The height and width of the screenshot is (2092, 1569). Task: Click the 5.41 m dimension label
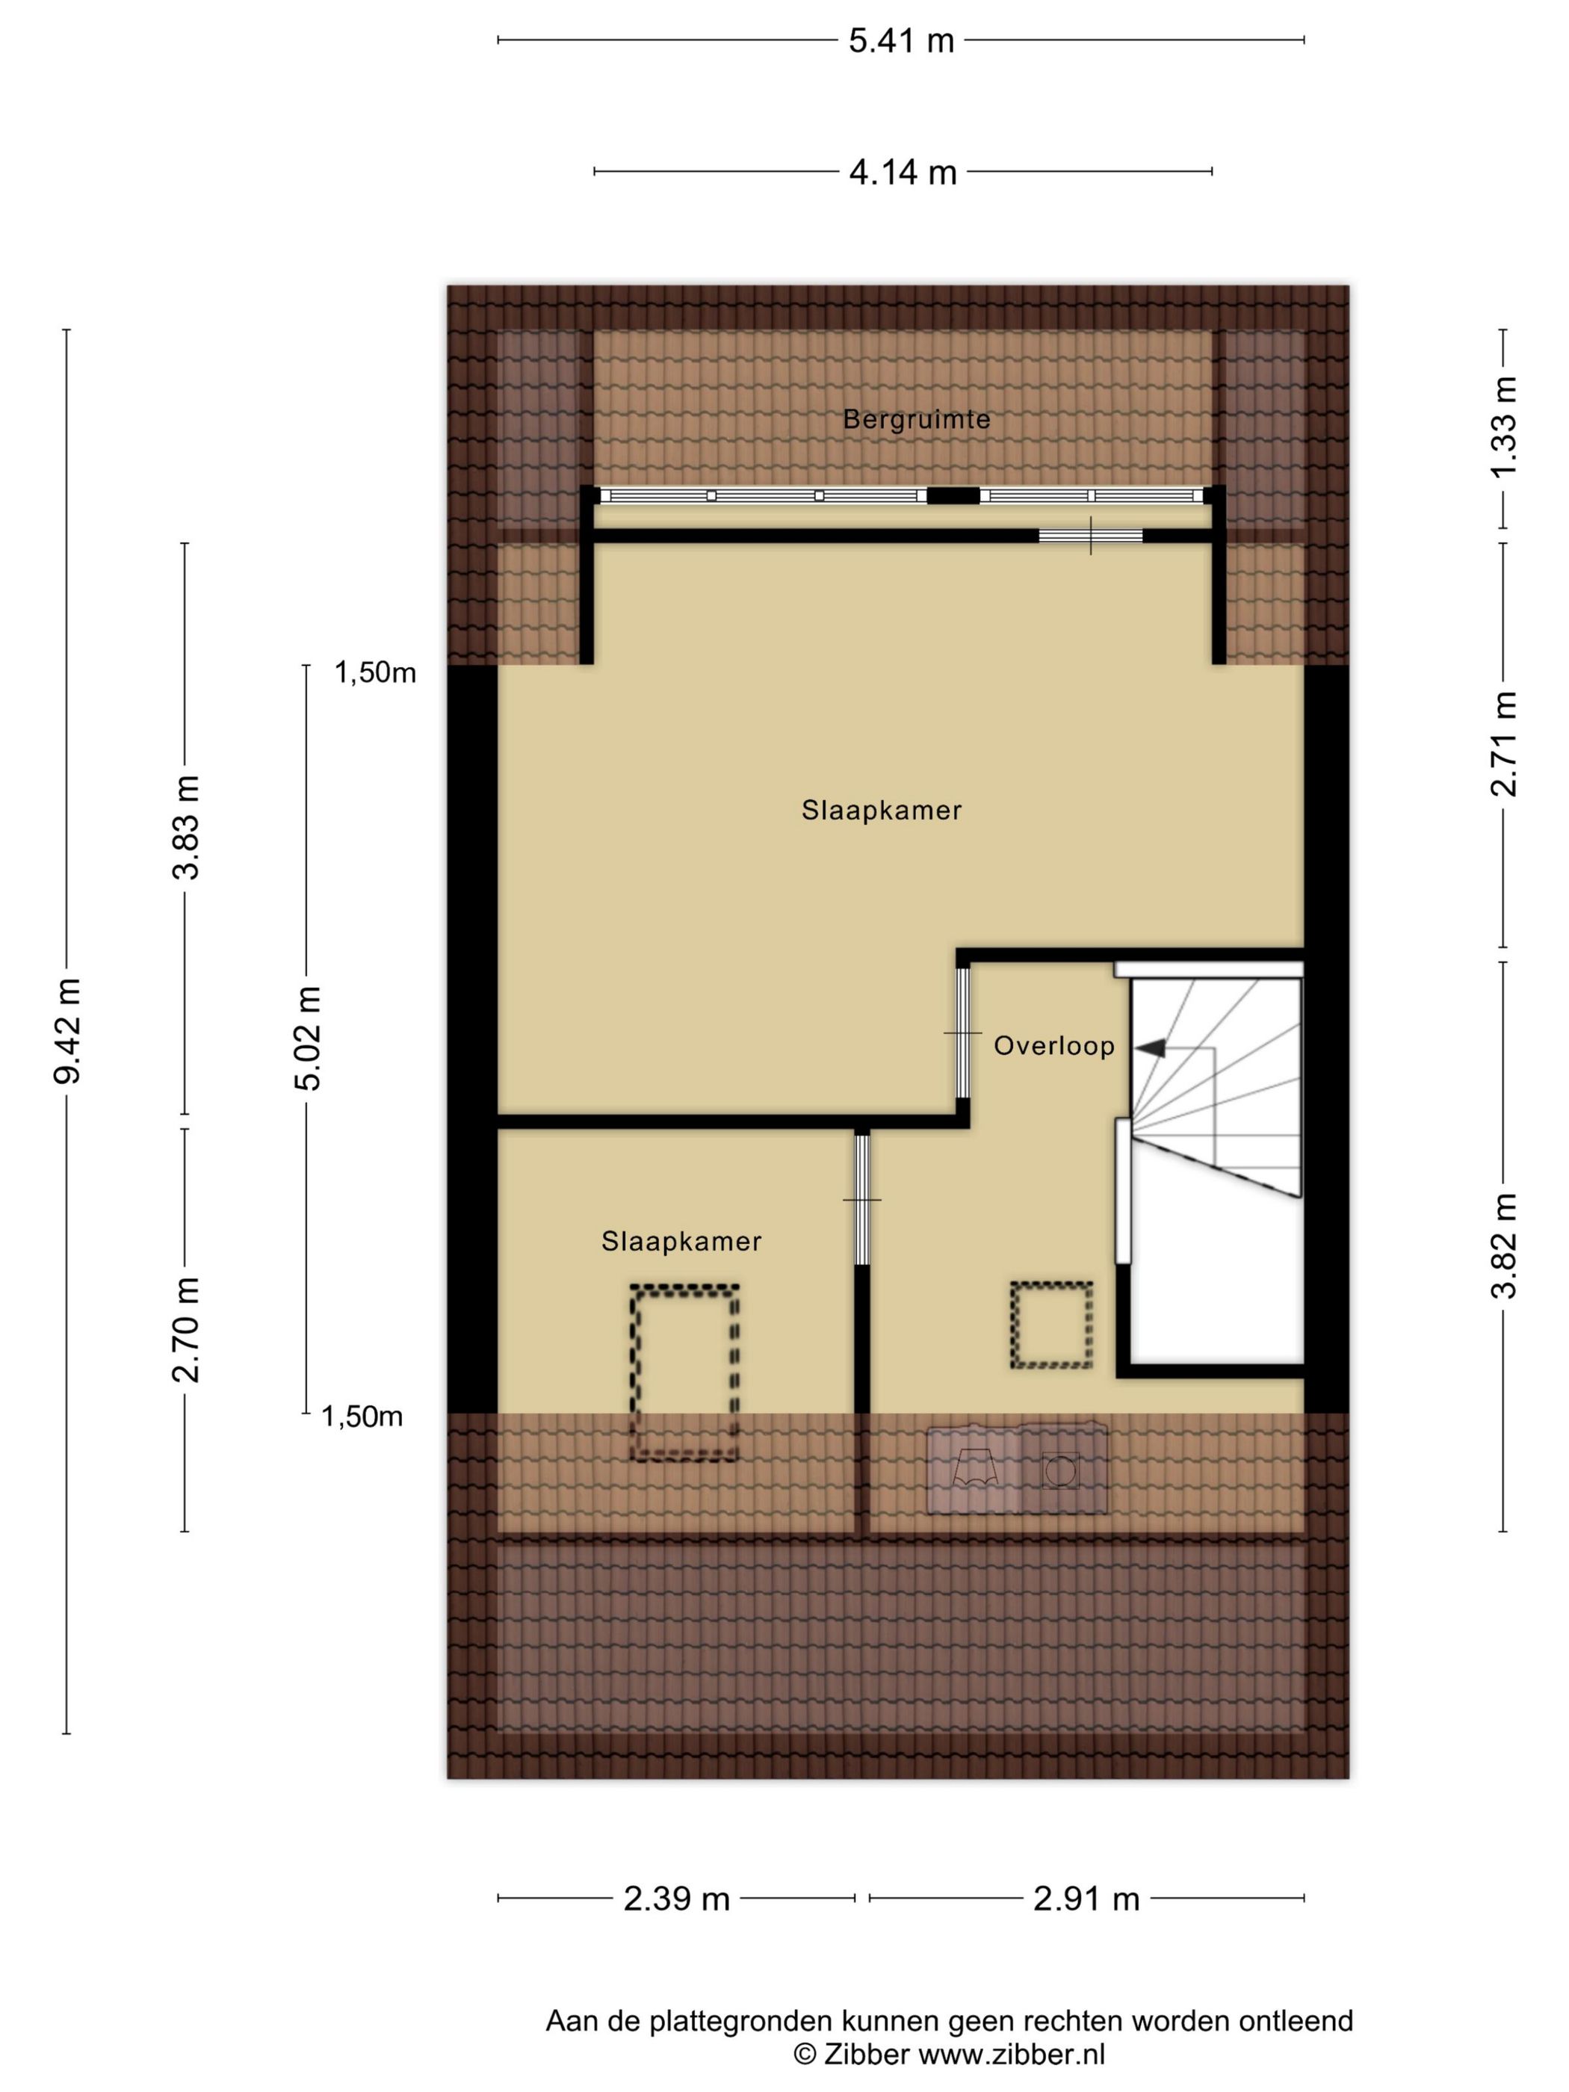pyautogui.click(x=900, y=40)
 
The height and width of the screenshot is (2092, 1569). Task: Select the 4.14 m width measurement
pyautogui.click(x=903, y=172)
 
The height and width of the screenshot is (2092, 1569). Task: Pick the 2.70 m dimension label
pyautogui.click(x=185, y=1328)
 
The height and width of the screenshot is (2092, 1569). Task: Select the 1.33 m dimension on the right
pyautogui.click(x=1503, y=427)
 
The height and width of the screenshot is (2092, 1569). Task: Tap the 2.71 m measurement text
pyautogui.click(x=1503, y=744)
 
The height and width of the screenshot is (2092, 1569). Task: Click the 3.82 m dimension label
pyautogui.click(x=1503, y=1245)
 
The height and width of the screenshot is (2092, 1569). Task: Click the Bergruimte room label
pyautogui.click(x=917, y=419)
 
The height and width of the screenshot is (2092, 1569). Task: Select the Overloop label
pyautogui.click(x=1053, y=1045)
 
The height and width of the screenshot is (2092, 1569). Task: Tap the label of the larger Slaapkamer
pyautogui.click(x=882, y=810)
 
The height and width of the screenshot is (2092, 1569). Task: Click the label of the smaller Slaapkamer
pyautogui.click(x=681, y=1241)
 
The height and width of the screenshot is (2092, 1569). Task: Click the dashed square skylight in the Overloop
pyautogui.click(x=1050, y=1325)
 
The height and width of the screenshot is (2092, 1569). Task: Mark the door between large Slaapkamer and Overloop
pyautogui.click(x=963, y=1033)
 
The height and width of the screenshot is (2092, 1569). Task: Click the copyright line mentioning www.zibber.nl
pyautogui.click(x=949, y=2053)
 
